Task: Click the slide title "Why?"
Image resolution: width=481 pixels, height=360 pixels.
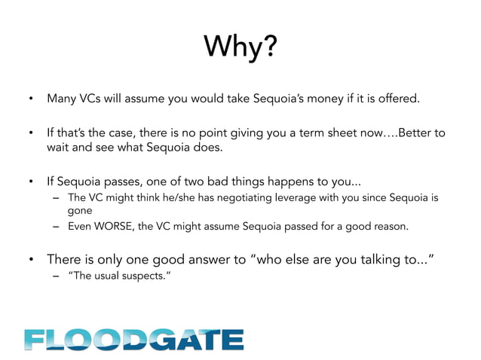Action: coord(240,49)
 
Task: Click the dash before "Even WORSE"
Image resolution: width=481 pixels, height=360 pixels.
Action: coord(56,227)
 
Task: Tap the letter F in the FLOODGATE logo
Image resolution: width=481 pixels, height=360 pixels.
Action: coord(36,339)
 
